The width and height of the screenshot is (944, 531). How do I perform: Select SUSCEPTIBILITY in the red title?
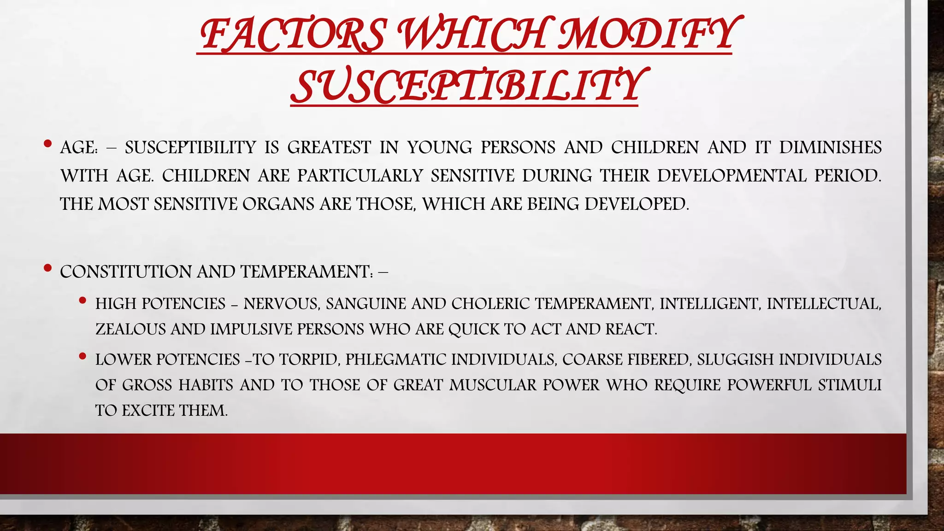point(466,86)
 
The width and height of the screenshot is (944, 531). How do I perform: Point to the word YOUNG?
point(440,147)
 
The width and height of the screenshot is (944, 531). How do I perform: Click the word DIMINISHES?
point(830,147)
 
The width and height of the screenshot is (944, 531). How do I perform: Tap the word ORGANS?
point(278,204)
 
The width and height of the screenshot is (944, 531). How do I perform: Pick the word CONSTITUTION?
point(125,271)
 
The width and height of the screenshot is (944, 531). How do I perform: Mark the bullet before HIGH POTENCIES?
point(83,301)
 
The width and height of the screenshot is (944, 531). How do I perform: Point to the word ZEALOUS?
point(130,329)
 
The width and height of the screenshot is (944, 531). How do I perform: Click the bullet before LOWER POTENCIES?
point(83,356)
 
